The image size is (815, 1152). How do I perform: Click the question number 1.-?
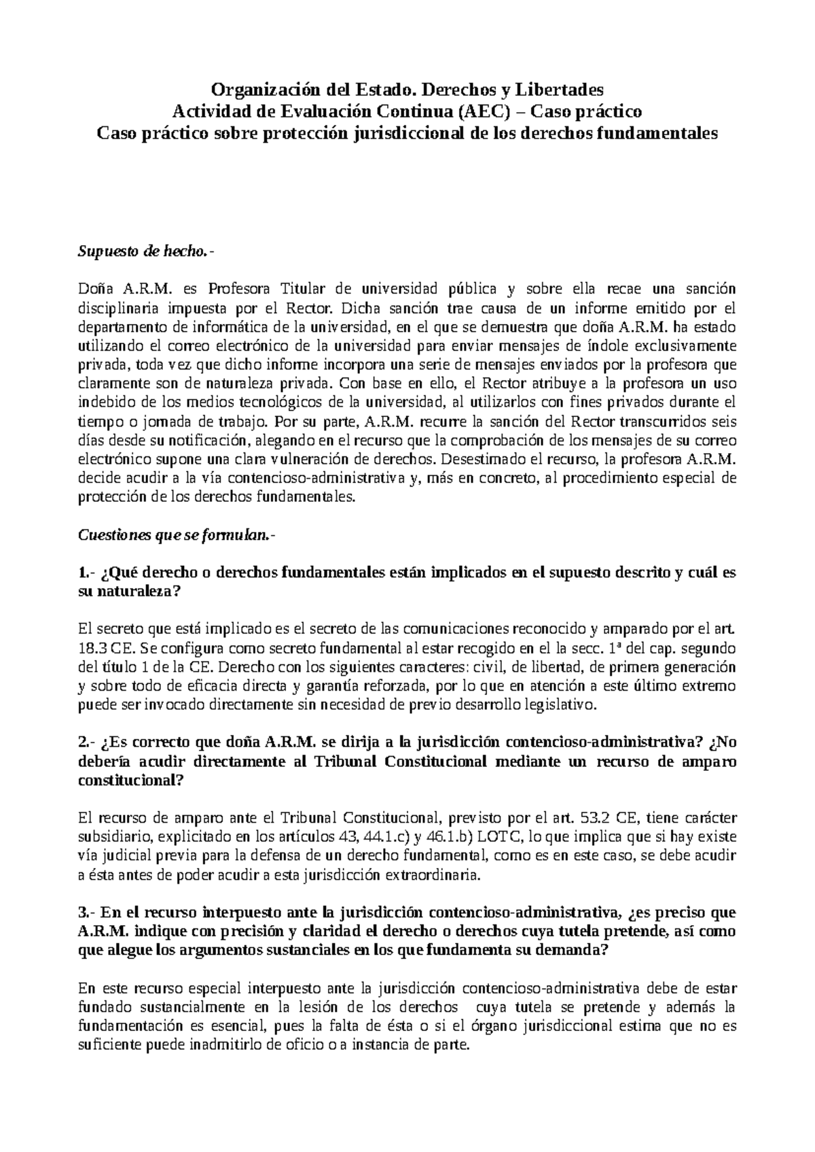coord(86,572)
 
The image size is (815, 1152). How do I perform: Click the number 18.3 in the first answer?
coord(92,648)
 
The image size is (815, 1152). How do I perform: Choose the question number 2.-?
coord(86,742)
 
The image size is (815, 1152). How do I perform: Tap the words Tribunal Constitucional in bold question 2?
coord(401,761)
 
